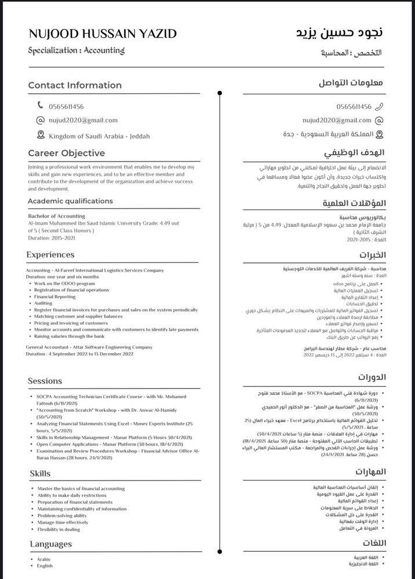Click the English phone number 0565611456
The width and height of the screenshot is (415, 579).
(x=67, y=107)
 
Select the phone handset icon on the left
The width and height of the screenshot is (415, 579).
(x=41, y=105)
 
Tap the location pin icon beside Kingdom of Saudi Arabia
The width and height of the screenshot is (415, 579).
(x=41, y=135)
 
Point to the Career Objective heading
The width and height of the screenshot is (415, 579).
(x=67, y=153)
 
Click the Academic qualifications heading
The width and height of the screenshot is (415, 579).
(x=70, y=201)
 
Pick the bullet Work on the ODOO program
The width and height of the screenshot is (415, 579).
(x=65, y=284)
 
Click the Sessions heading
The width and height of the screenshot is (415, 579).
(x=45, y=381)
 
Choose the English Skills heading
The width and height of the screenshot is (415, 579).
(x=41, y=474)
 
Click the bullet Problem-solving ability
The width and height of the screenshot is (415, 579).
(x=62, y=515)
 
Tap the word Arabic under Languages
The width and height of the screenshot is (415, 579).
(x=45, y=559)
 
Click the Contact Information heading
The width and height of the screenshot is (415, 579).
(x=75, y=86)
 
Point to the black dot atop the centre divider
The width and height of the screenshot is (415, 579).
(x=219, y=93)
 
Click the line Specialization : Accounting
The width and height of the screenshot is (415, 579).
(x=77, y=51)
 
